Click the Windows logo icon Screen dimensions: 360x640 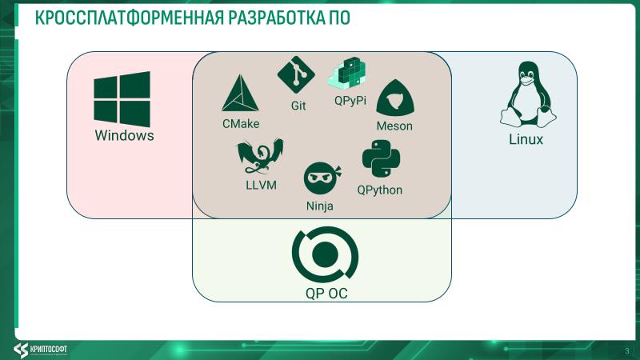click(122, 98)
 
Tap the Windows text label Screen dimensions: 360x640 click(124, 135)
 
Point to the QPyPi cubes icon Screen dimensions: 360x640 click(348, 74)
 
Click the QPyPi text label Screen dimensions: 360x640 click(350, 101)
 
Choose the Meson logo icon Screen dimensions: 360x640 click(394, 98)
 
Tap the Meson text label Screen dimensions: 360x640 click(394, 126)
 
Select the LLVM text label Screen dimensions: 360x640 click(260, 186)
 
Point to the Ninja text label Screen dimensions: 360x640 click(320, 206)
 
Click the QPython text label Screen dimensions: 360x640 click(380, 190)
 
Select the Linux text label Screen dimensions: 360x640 click(526, 140)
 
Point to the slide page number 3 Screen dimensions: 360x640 click(626, 350)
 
